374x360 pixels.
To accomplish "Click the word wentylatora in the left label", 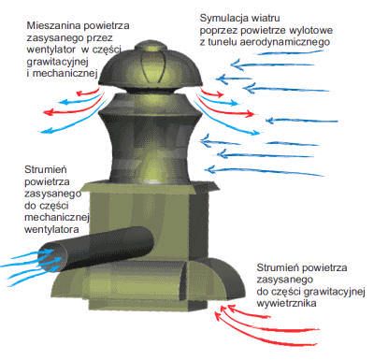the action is coord(51,230).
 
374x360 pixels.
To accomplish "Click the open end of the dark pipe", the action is coord(53,259).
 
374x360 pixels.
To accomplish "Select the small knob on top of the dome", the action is coord(151,46).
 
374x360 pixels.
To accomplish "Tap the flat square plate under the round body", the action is coord(149,188).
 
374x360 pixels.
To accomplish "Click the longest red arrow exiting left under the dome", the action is coord(75,108).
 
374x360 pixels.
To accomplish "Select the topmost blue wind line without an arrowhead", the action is coord(291,52).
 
